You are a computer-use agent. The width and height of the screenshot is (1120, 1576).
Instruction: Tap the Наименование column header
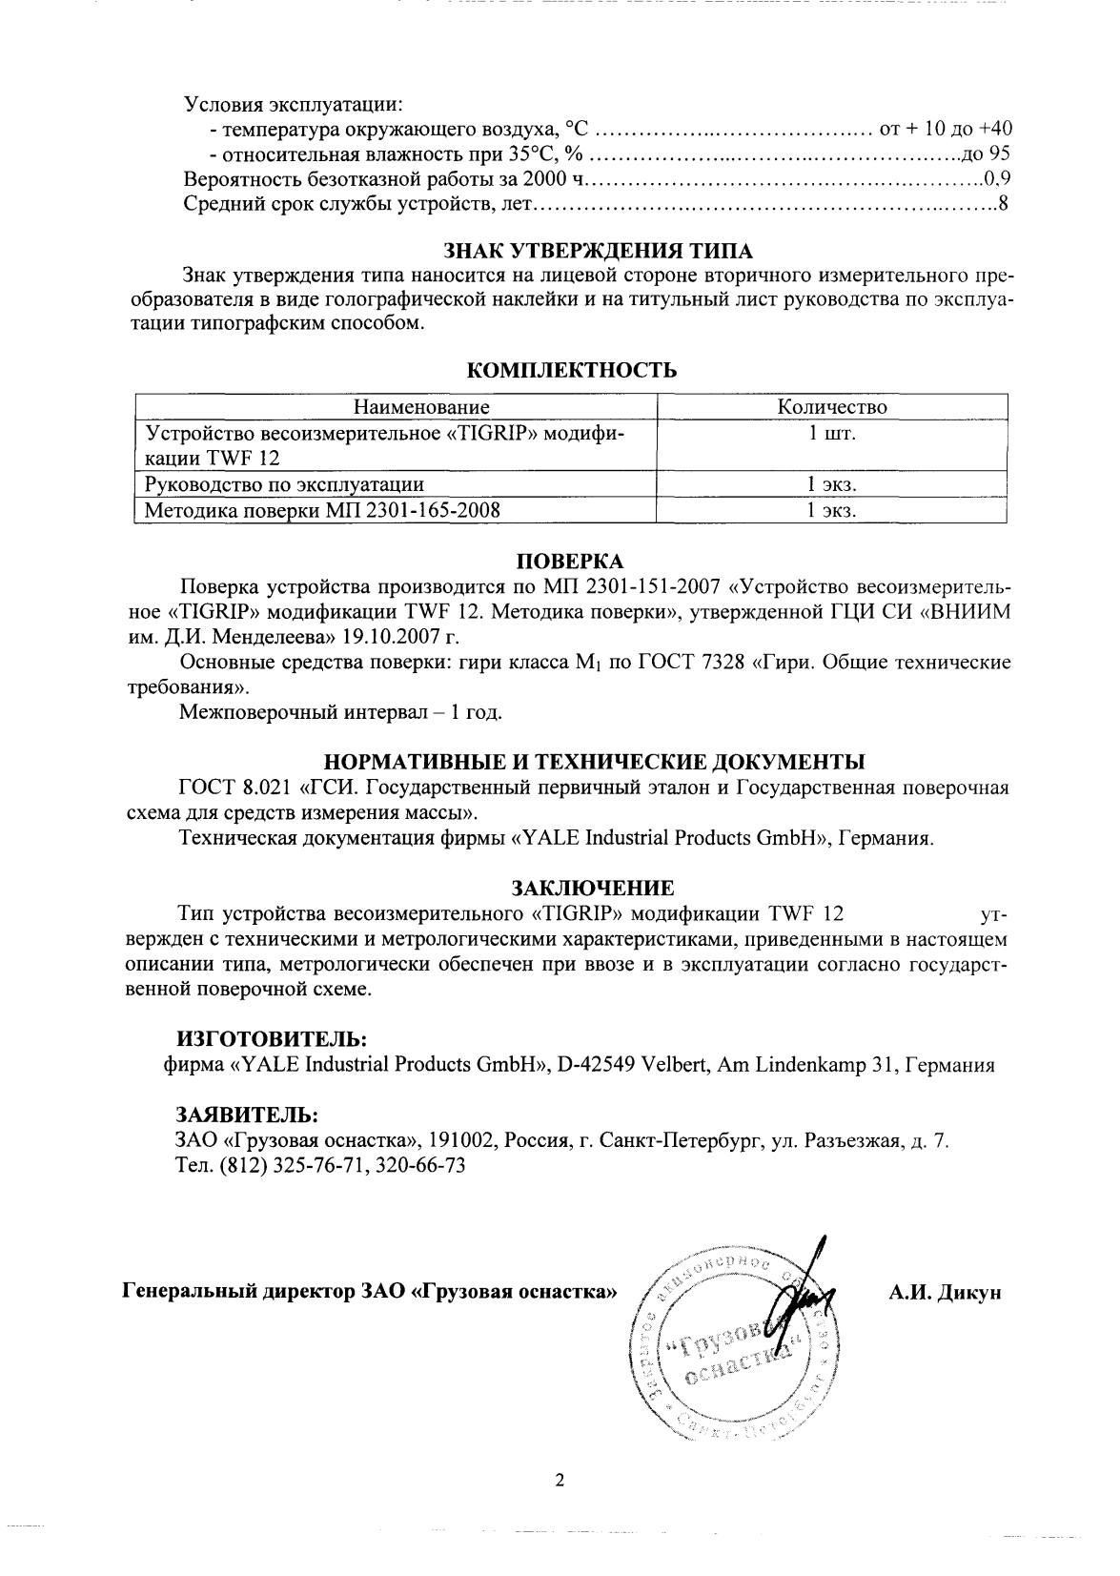[422, 407]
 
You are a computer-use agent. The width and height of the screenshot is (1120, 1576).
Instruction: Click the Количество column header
[831, 407]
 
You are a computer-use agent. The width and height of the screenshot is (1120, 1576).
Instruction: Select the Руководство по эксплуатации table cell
[283, 485]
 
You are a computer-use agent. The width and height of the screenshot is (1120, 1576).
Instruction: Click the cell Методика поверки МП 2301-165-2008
[322, 511]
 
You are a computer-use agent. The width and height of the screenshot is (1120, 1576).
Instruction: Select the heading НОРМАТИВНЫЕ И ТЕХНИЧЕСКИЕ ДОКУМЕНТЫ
[595, 762]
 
